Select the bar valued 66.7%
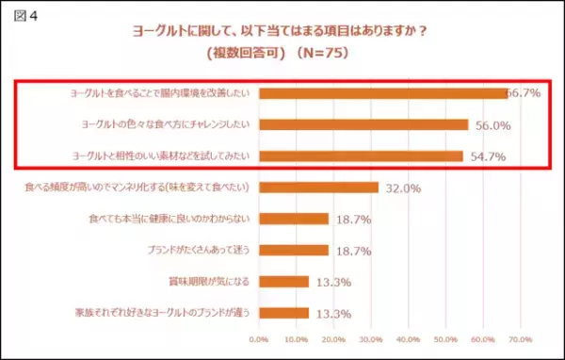click(382, 93)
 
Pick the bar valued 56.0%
click(363, 124)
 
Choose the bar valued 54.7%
click(360, 155)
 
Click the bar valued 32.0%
click(317, 188)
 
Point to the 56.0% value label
click(492, 124)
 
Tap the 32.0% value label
click(403, 188)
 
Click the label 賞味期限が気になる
click(209, 281)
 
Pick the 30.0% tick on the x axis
click(370, 336)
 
